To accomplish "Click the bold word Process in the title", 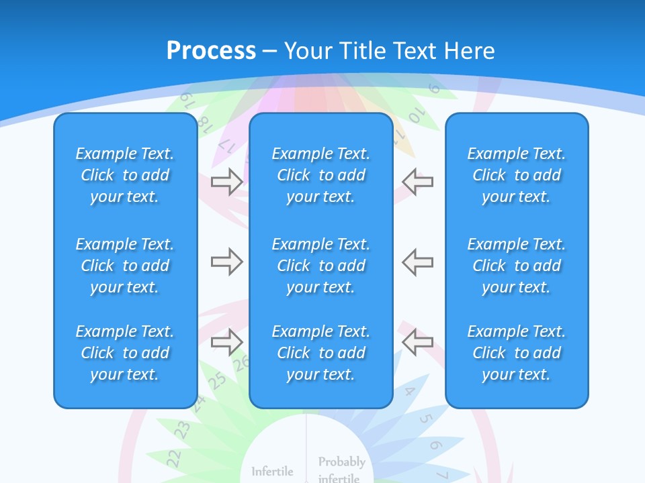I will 211,50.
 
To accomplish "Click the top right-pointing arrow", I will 226,182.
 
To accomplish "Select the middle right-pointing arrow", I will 226,262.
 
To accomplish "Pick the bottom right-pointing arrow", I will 226,341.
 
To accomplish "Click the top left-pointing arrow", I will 417,182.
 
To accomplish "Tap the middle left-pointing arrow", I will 417,262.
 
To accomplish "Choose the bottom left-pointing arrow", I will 417,341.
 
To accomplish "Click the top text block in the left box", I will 125,175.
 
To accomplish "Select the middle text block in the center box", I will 320,266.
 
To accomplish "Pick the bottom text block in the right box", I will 516,353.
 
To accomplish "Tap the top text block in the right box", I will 516,175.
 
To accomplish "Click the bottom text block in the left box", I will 125,353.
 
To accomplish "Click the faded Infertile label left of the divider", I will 272,472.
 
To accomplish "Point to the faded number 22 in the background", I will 173,458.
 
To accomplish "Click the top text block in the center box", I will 320,175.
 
